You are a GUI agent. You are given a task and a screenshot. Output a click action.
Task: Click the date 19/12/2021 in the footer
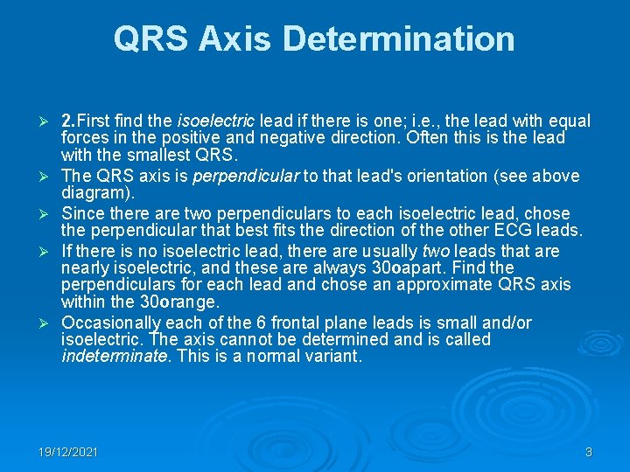68,452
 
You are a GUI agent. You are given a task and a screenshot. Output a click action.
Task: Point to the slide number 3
589,452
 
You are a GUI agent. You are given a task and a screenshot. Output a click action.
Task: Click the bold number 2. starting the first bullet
71,121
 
